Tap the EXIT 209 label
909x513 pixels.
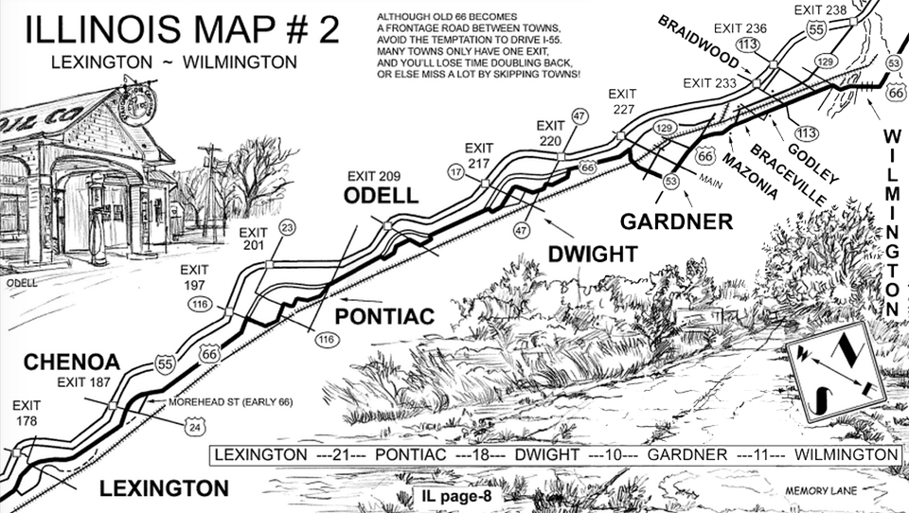(x=373, y=176)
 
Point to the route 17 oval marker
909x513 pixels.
(x=455, y=172)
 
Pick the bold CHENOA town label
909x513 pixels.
(x=71, y=363)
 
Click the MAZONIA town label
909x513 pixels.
(x=751, y=174)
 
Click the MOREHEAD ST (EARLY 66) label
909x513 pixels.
(x=230, y=403)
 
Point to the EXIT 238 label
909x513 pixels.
(x=822, y=11)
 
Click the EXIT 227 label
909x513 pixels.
(x=623, y=100)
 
